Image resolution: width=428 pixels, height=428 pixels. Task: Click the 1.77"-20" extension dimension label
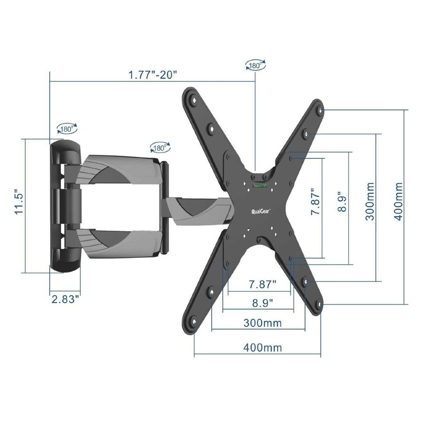point(153,74)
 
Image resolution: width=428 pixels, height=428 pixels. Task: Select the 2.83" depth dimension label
point(67,299)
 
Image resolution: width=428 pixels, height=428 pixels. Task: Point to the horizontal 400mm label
point(263,347)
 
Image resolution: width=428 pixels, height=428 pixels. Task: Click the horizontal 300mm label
point(262,323)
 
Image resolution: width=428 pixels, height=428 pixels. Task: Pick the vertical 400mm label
point(399,202)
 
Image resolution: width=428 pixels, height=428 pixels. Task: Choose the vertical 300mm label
point(370,202)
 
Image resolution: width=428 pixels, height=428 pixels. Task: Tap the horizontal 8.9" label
point(262,303)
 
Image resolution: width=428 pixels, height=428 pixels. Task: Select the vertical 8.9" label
point(342,203)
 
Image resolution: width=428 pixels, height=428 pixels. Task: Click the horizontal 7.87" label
point(263,285)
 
